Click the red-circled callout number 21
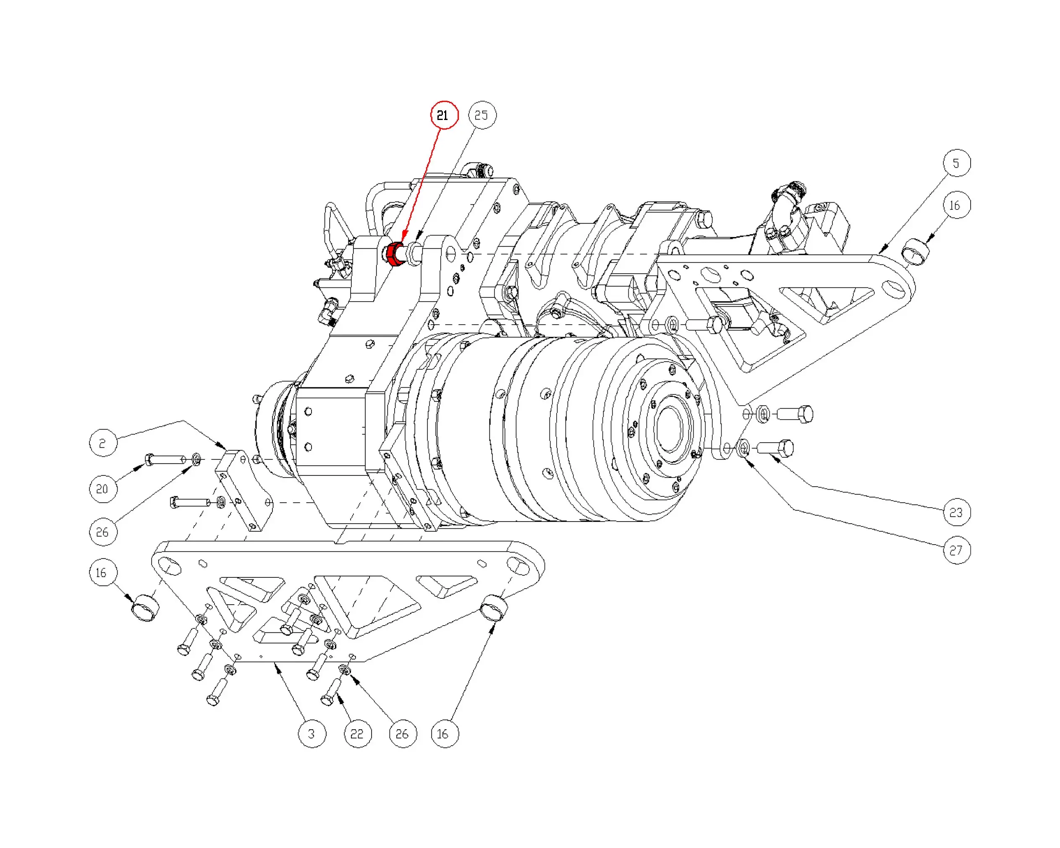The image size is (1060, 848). [444, 115]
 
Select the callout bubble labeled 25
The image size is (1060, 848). [482, 115]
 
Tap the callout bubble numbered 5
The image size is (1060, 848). [957, 163]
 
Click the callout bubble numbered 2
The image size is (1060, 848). [103, 443]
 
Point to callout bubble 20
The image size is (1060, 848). [103, 489]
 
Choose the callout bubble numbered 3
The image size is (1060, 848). [312, 733]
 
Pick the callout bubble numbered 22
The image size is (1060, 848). [357, 733]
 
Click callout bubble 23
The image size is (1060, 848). [957, 512]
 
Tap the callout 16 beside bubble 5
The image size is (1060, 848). [957, 205]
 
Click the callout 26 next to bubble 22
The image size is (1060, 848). [403, 733]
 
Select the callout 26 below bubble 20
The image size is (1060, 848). [103, 532]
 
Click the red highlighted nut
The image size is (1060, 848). [394, 254]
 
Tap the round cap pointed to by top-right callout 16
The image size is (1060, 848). [916, 251]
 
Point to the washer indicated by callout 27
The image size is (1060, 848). [744, 448]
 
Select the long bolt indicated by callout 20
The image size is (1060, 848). [165, 460]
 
